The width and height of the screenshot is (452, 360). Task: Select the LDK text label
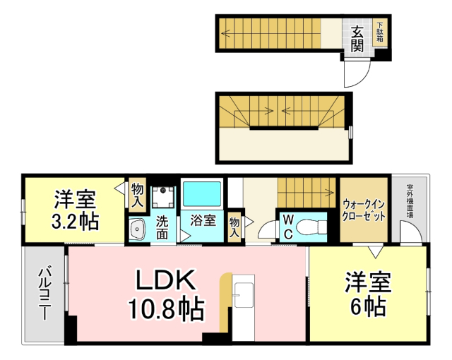(x=165, y=280)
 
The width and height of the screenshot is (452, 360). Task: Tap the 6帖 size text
(x=368, y=307)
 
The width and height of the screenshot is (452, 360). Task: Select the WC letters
(x=288, y=226)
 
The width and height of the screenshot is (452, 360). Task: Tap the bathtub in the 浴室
(x=203, y=192)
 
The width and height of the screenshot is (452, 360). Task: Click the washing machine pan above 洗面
(x=163, y=194)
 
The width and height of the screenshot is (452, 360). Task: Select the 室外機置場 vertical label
(x=410, y=200)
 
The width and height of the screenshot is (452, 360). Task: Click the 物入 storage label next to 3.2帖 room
(x=137, y=195)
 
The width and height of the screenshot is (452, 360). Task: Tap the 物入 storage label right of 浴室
(x=235, y=228)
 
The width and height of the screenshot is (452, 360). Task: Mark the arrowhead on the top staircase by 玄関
(x=224, y=32)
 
